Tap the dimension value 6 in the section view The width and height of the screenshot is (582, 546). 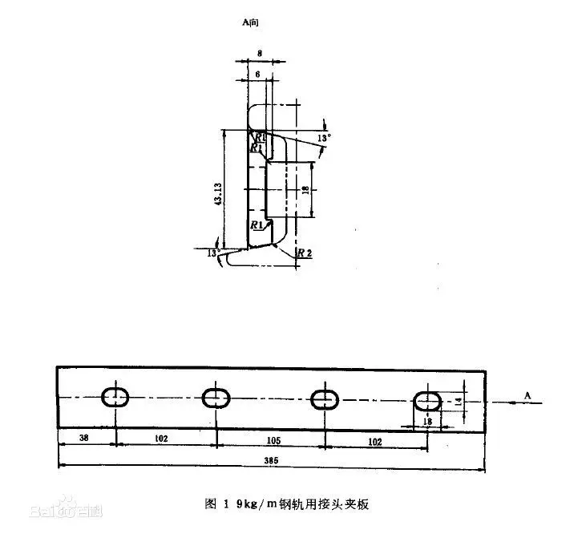256,73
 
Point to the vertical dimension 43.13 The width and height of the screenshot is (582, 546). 218,193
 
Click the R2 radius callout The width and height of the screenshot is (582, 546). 304,253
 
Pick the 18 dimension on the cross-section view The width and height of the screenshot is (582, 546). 305,189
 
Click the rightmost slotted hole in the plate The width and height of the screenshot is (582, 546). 426,399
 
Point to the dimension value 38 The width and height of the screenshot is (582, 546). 85,439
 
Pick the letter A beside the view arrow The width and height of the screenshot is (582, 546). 527,394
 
